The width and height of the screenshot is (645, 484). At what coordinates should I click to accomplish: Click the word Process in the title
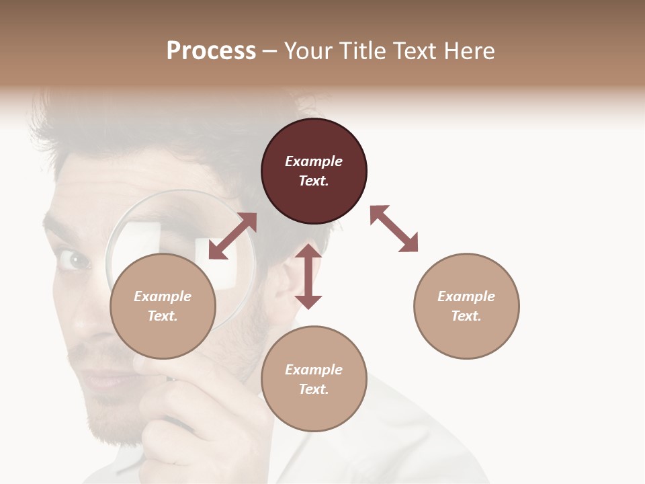(x=211, y=51)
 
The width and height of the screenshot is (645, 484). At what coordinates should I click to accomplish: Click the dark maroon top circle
(x=314, y=171)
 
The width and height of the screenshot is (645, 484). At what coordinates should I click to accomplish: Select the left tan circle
(x=163, y=306)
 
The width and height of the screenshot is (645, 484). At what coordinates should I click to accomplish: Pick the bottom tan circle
(x=314, y=379)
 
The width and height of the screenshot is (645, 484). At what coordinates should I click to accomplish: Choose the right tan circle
(x=466, y=306)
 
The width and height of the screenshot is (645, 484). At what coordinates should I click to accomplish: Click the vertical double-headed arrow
(x=308, y=276)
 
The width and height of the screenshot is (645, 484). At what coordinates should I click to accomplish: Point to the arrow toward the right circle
(x=394, y=229)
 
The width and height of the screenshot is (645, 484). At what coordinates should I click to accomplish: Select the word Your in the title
(x=307, y=51)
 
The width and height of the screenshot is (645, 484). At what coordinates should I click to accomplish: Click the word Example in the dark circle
(x=314, y=161)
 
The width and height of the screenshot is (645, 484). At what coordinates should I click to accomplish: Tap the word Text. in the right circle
(x=466, y=316)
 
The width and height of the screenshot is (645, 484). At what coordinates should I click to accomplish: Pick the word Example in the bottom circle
(x=314, y=370)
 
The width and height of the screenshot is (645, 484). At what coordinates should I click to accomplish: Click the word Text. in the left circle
(x=163, y=316)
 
